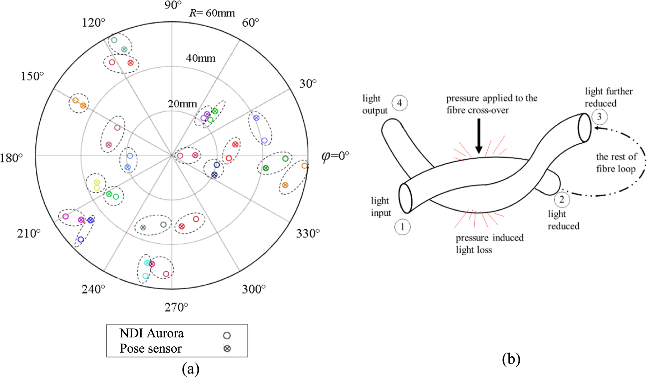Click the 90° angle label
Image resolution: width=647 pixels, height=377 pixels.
click(173, 5)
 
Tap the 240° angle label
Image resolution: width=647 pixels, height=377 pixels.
click(93, 289)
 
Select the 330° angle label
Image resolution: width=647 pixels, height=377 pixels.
click(308, 233)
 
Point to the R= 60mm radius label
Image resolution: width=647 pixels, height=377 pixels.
click(212, 13)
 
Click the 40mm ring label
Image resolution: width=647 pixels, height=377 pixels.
click(201, 58)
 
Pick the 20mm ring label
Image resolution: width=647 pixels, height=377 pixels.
click(182, 104)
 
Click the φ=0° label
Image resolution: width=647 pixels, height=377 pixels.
click(335, 156)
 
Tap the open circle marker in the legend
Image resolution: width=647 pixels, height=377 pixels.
click(227, 336)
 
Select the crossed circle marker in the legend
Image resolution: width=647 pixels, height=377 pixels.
click(227, 349)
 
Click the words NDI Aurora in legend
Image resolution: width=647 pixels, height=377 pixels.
click(152, 334)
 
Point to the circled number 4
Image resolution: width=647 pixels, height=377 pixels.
click(399, 103)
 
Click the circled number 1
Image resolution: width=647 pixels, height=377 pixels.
click(402, 227)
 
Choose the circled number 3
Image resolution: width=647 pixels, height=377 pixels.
click(599, 117)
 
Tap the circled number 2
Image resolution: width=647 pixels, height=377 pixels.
click(562, 200)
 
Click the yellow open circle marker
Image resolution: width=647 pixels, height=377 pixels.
click(97, 188)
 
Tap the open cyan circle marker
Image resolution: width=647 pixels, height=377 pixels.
click(145, 276)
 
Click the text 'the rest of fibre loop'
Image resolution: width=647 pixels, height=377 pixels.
click(616, 163)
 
